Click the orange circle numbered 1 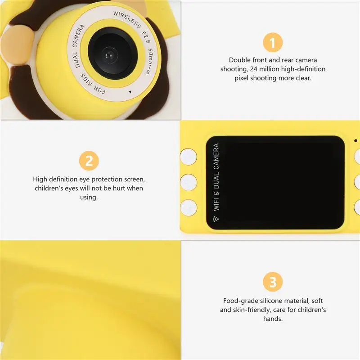[273, 42]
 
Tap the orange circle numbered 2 [89, 161]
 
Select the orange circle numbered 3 [273, 282]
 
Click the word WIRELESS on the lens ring [127, 19]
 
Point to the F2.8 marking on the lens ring [146, 37]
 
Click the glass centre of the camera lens [109, 55]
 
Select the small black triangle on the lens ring [130, 92]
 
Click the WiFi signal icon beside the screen [216, 219]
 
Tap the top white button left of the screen [189, 157]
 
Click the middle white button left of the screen [189, 183]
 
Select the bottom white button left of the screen [189, 208]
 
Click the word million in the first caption [270, 69]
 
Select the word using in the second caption [88, 198]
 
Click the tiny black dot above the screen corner [355, 140]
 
